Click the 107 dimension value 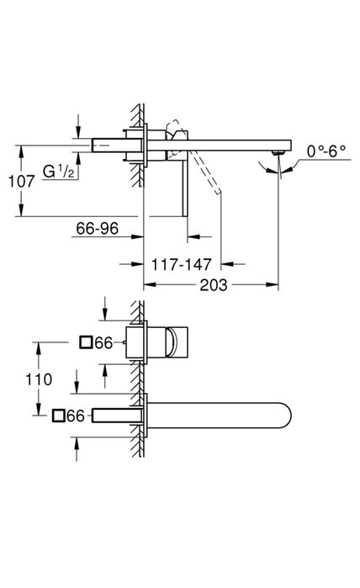[21, 182]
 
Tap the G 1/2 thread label [59, 172]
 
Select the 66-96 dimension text [97, 228]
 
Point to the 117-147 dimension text [182, 265]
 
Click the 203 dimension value [214, 285]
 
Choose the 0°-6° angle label [326, 151]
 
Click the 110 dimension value [39, 379]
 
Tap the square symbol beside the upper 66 [87, 342]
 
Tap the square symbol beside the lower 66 [59, 416]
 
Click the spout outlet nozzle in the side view [278, 151]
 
